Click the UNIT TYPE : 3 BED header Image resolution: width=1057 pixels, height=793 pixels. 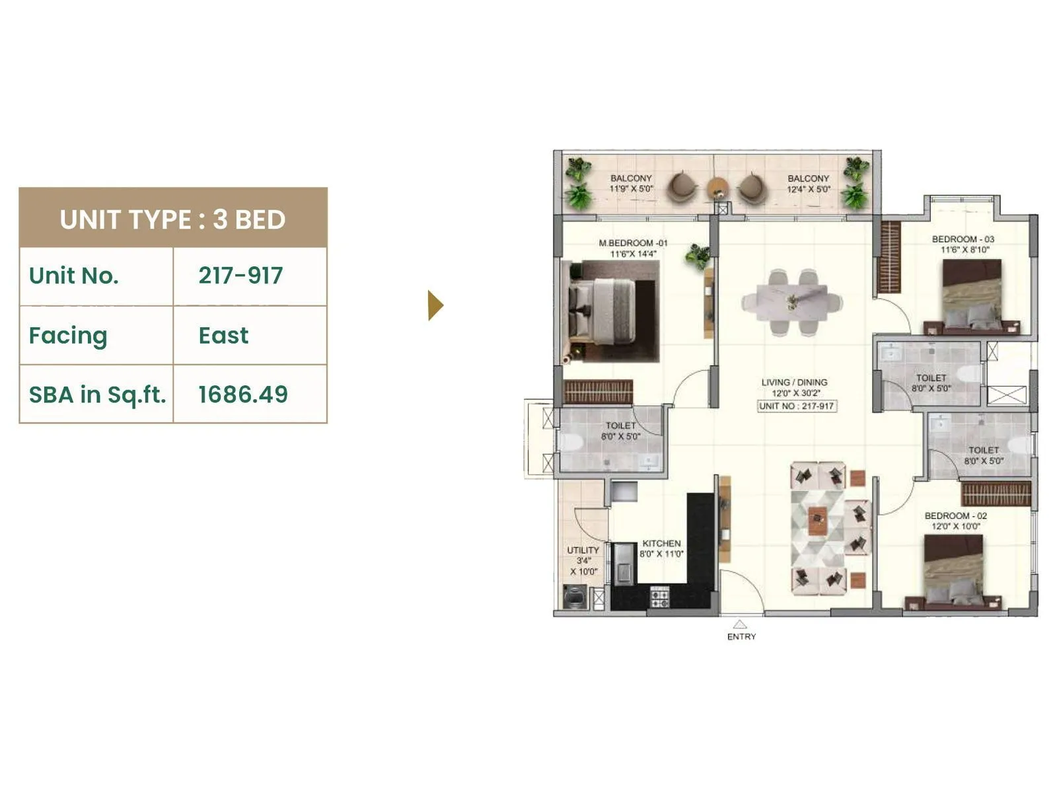pos(172,219)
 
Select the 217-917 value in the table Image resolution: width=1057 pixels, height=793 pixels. pos(240,276)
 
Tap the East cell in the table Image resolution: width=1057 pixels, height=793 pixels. pos(223,335)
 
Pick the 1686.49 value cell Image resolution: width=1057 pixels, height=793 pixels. pos(243,395)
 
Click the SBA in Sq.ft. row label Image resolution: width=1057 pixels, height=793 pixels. pos(97,395)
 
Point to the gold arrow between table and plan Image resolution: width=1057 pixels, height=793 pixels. pos(435,305)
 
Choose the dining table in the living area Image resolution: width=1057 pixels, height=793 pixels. pos(792,302)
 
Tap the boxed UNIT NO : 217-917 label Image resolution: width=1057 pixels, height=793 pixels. pos(796,406)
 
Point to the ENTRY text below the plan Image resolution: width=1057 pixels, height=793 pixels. pos(741,637)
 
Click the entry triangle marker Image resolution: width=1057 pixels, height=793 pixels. pos(740,624)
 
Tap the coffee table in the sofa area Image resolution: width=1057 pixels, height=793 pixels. pos(818,521)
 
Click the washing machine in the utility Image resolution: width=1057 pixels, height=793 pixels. pos(575,597)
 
